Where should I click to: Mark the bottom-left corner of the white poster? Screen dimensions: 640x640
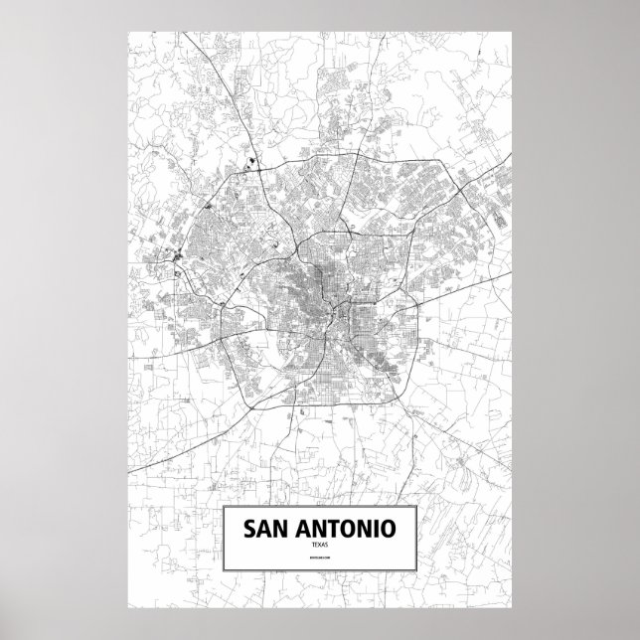pos(128,609)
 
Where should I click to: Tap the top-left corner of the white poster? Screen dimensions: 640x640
pos(128,30)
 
